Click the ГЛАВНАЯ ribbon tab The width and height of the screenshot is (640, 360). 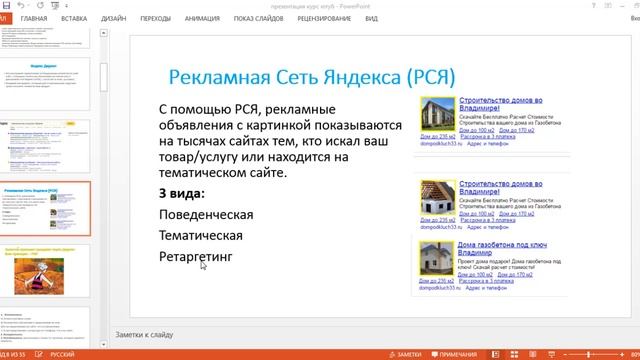[33, 18]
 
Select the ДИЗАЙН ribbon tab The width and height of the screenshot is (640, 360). [113, 18]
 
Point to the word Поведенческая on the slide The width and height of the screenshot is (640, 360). [205, 214]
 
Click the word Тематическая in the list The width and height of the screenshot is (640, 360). [200, 236]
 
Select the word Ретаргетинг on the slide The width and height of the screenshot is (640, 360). [195, 257]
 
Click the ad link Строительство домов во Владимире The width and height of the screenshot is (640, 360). [500, 106]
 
